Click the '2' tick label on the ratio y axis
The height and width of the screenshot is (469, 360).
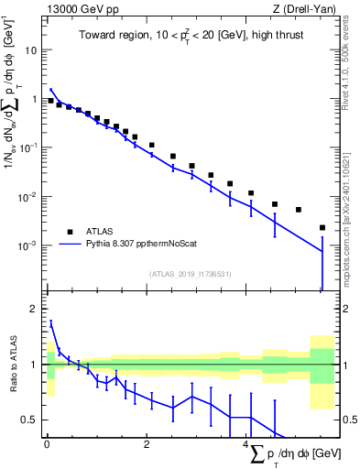pos(36,309)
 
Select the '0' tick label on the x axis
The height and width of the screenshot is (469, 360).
pos(47,445)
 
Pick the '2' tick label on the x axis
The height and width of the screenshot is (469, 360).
pos(147,445)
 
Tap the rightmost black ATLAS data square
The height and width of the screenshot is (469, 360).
pos(322,228)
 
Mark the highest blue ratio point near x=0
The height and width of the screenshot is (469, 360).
pos(51,322)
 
